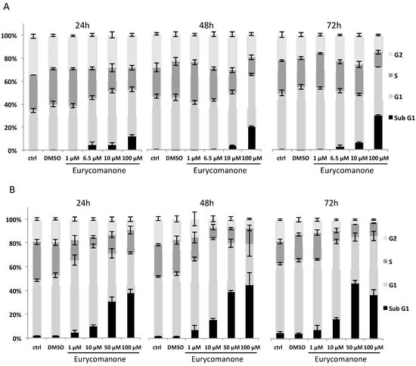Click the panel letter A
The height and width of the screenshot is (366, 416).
point(7,6)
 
